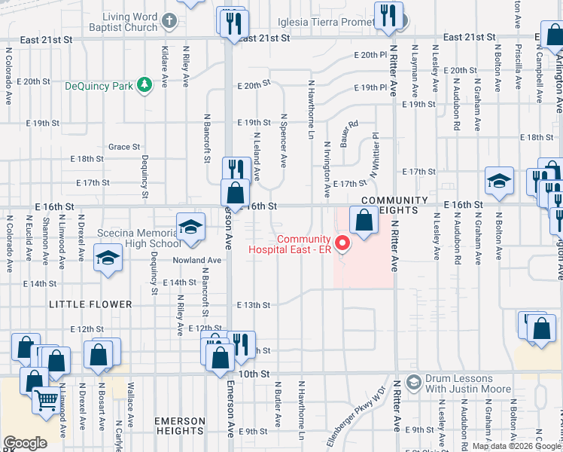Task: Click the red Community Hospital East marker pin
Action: [342, 243]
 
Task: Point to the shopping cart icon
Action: [46, 399]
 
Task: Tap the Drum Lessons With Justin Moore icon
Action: [412, 383]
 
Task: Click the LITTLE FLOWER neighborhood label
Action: [80, 304]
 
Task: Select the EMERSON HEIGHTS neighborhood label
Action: [179, 426]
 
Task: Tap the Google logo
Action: [25, 443]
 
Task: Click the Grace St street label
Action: [124, 147]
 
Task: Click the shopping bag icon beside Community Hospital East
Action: [364, 221]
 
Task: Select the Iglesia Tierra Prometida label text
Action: [325, 22]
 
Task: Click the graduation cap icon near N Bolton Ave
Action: [498, 181]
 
